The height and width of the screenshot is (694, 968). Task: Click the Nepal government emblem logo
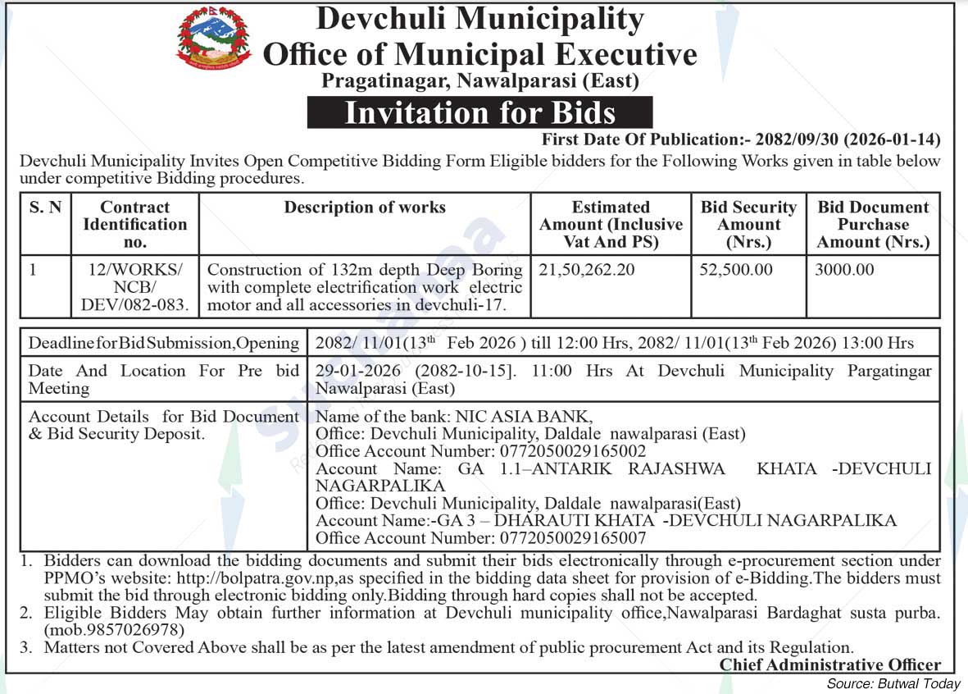[x=214, y=38]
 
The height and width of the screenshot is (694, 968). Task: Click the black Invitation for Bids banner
[x=479, y=112]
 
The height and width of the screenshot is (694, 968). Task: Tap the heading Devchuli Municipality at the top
[x=479, y=19]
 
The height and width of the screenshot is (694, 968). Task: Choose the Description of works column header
[x=365, y=208]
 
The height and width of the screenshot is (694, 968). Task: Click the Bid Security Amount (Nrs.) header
[x=748, y=224]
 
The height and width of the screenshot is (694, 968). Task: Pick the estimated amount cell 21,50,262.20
[x=587, y=270]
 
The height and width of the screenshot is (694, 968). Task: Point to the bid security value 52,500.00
[x=736, y=270]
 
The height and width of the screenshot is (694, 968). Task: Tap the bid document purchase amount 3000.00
[x=844, y=270]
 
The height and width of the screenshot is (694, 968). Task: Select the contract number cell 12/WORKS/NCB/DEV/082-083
[x=135, y=287]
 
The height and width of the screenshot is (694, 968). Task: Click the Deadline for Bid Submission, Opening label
[x=164, y=343]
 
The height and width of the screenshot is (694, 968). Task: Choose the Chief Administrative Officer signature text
[x=829, y=665]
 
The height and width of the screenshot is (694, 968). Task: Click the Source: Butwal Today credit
[x=893, y=684]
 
